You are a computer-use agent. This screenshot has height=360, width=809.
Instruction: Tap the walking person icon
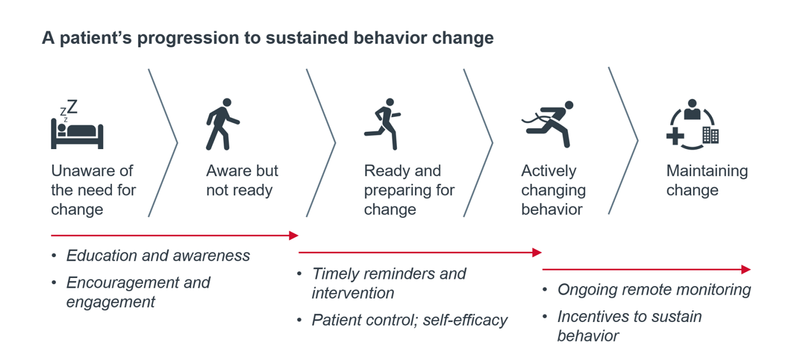(x=222, y=124)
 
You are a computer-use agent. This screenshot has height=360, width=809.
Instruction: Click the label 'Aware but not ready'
(x=242, y=180)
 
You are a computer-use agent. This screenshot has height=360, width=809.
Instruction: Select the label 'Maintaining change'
(x=707, y=180)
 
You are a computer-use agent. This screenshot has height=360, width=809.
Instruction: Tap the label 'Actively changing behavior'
(x=553, y=190)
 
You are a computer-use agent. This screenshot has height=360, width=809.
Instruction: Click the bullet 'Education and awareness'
(x=158, y=256)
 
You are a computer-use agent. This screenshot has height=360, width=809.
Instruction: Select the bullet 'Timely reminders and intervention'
(x=388, y=283)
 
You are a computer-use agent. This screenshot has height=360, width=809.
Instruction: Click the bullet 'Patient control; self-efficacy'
(x=409, y=320)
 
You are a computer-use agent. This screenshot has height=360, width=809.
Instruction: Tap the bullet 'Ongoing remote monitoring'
(x=654, y=290)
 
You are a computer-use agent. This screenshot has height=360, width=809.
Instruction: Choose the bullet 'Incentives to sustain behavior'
(x=629, y=326)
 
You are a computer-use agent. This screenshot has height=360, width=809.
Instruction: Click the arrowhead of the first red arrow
(x=294, y=235)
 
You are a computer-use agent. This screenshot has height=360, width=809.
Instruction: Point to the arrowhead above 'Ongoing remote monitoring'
(x=746, y=269)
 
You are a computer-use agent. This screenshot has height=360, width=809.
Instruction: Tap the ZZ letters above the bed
(x=69, y=108)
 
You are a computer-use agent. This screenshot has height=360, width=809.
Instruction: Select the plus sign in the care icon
(x=674, y=138)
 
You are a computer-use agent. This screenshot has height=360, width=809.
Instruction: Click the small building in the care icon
(x=710, y=136)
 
